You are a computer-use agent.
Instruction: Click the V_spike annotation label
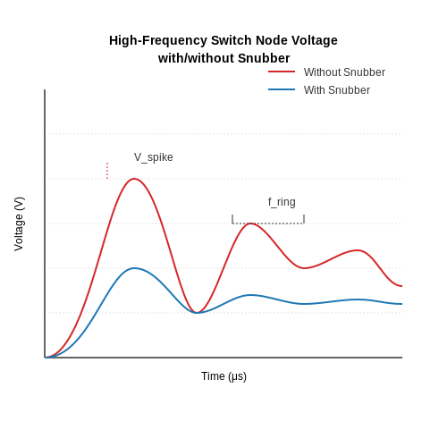pyautogui.click(x=154, y=157)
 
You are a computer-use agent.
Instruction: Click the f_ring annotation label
pyautogui.click(x=282, y=202)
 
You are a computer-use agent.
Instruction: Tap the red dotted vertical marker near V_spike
pyautogui.click(x=107, y=171)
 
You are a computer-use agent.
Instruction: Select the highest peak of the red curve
pyautogui.click(x=134, y=179)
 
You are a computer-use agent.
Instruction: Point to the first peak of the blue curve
pyautogui.click(x=134, y=268)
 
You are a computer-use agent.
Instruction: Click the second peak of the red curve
pyautogui.click(x=251, y=223)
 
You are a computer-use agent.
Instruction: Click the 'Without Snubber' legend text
pyautogui.click(x=344, y=72)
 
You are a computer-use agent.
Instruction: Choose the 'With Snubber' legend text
pyautogui.click(x=337, y=90)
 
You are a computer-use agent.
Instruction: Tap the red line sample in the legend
pyautogui.click(x=282, y=72)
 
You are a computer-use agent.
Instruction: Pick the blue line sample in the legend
pyautogui.click(x=282, y=89)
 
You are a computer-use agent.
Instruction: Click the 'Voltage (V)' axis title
pyautogui.click(x=19, y=223)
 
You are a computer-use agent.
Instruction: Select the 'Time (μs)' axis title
pyautogui.click(x=223, y=376)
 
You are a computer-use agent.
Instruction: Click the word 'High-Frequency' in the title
pyautogui.click(x=158, y=40)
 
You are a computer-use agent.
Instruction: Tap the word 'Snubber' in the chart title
pyautogui.click(x=264, y=58)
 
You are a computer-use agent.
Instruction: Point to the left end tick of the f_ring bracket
pyautogui.click(x=232, y=219)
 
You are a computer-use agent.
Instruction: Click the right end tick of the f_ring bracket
pyautogui.click(x=304, y=219)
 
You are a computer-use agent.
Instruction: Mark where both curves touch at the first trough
pyautogui.click(x=197, y=313)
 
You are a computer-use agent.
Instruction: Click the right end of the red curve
pyautogui.click(x=401, y=286)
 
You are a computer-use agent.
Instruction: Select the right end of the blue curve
pyautogui.click(x=401, y=304)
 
